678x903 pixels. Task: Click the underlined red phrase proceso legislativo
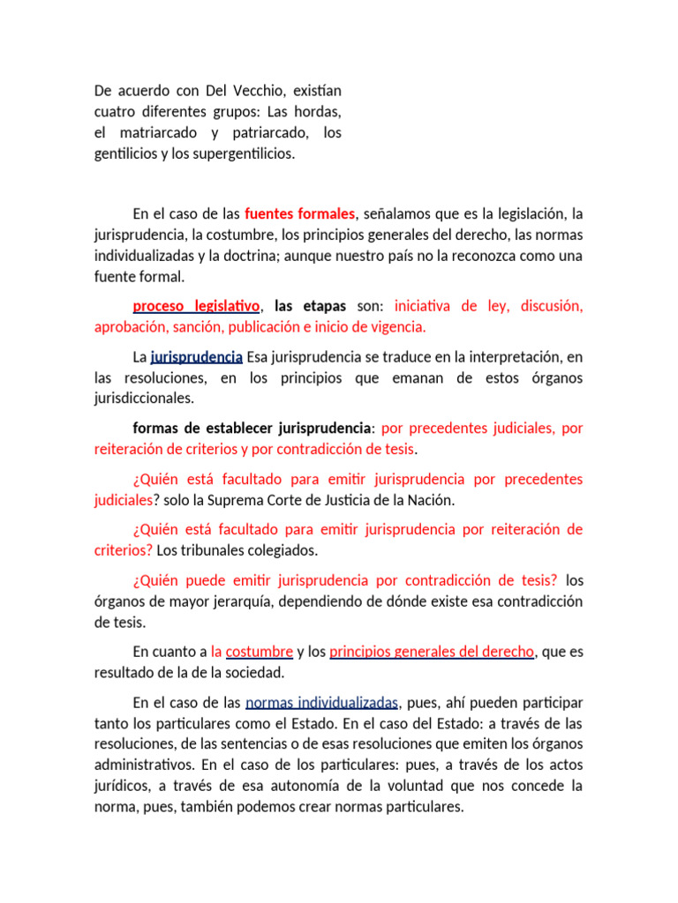pyautogui.click(x=196, y=306)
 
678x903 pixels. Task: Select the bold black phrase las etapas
pyautogui.click(x=310, y=306)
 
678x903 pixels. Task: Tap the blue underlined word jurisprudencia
pyautogui.click(x=197, y=357)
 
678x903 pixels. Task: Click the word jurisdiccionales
pyautogui.click(x=143, y=399)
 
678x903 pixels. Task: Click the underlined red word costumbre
pyautogui.click(x=260, y=652)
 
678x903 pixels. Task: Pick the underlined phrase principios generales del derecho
pyautogui.click(x=432, y=652)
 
